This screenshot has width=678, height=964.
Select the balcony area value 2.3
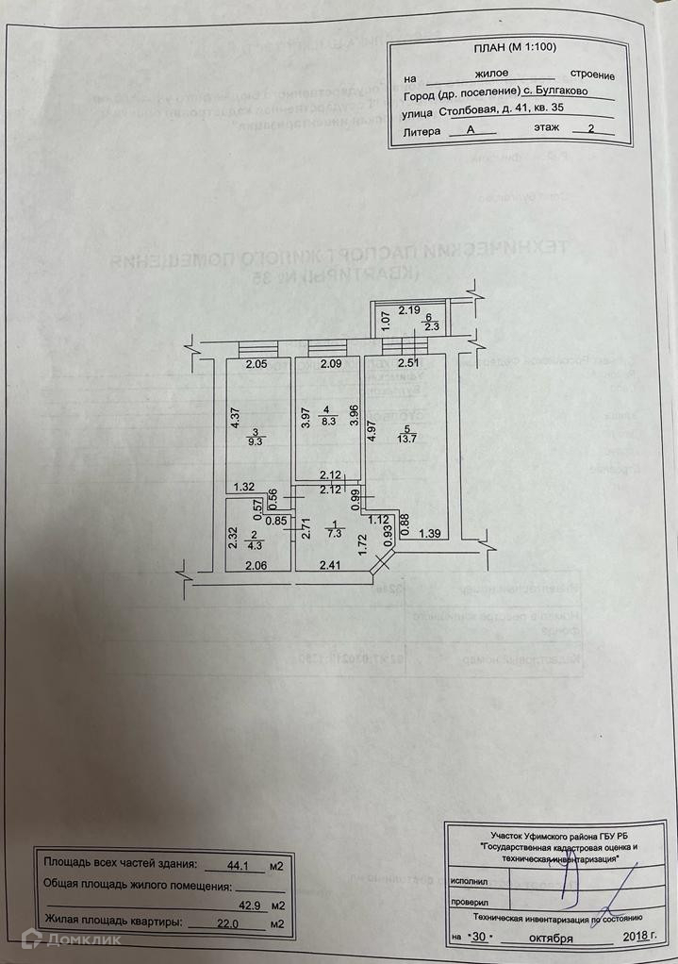coord(431,327)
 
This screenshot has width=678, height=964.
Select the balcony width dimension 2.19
coord(407,308)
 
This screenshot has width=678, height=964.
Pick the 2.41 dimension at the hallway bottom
coord(329,566)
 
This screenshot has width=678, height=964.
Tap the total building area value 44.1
coord(244,863)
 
